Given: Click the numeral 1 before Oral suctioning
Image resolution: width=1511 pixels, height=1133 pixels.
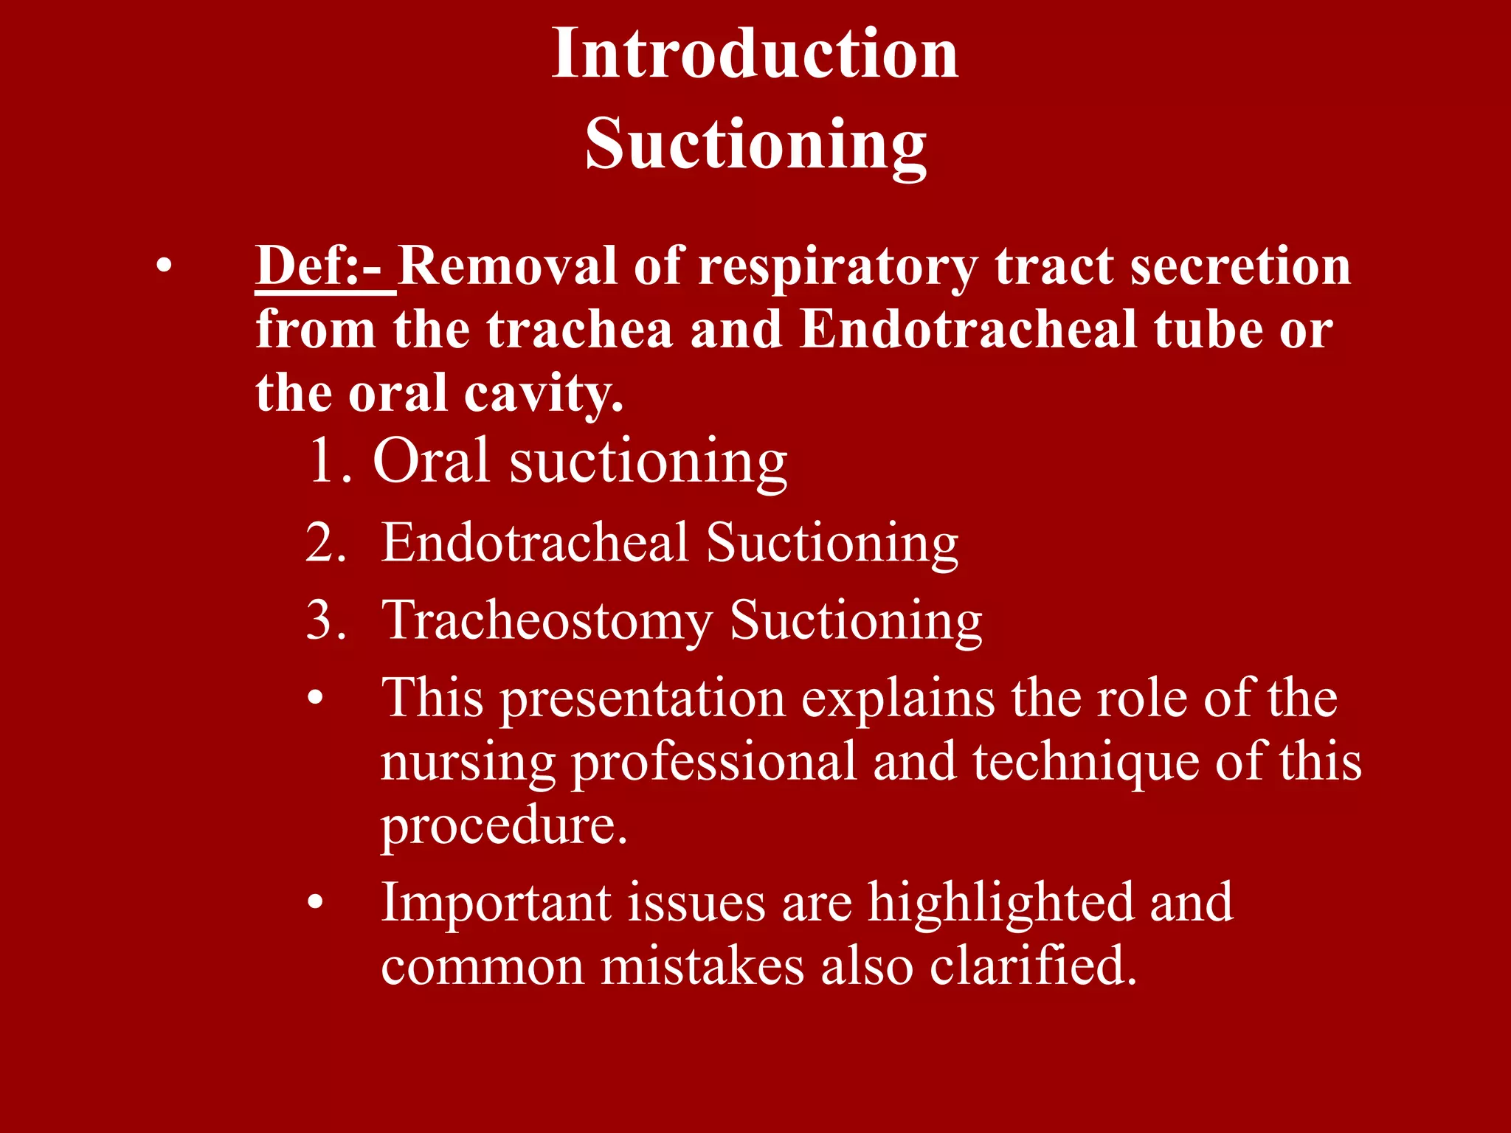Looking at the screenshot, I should pos(322,461).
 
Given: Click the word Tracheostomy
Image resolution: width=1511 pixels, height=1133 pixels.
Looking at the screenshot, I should pos(547,621).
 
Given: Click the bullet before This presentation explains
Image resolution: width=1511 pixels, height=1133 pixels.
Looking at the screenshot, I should pos(316,699).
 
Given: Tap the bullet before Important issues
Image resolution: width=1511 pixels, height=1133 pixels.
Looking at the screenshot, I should pos(316,902).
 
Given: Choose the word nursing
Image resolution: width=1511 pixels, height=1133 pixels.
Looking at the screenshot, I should pos(468,763).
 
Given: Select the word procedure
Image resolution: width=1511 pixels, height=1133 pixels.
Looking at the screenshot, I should pos(504,827).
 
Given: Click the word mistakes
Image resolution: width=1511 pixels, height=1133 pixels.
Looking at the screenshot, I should pos(702,966).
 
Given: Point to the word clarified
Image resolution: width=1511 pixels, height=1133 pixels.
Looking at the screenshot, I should pos(1033,966).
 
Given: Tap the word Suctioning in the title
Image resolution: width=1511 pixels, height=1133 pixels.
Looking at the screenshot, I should pos(755,144).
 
